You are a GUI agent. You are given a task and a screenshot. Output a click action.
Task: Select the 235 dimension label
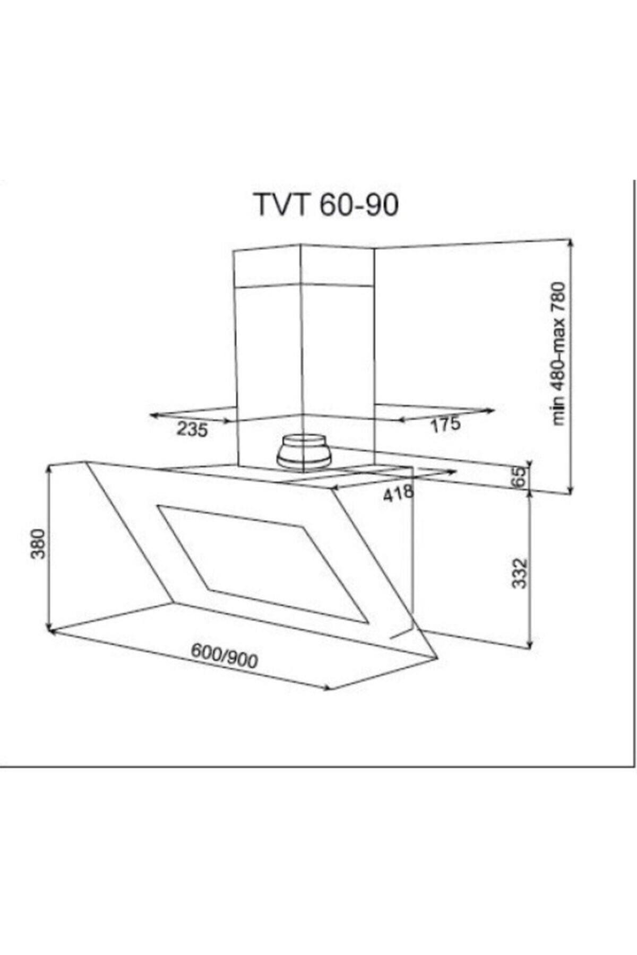tap(192, 429)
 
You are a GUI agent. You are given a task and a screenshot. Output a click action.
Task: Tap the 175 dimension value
tap(445, 424)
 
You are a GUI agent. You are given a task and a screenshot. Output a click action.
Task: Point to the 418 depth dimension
tap(398, 493)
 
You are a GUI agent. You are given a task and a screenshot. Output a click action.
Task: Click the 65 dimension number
tap(521, 476)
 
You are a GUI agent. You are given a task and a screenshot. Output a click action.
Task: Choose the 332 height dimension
tap(521, 572)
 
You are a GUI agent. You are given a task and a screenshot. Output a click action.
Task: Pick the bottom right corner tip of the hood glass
tap(438, 658)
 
